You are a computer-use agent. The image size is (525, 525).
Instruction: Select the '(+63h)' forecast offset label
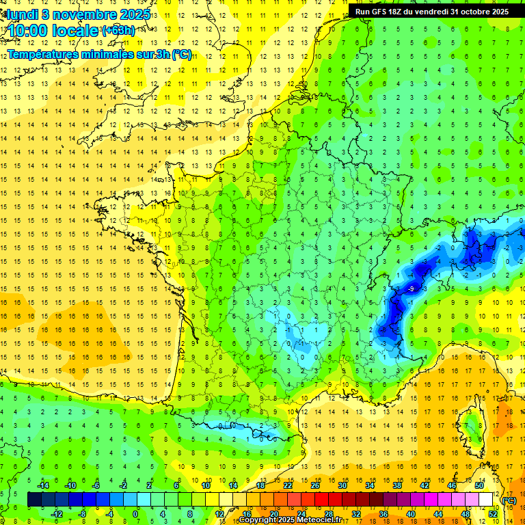tap(118, 30)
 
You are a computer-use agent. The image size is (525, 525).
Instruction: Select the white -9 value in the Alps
tap(411, 289)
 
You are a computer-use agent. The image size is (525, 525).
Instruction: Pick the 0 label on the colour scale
tap(135, 513)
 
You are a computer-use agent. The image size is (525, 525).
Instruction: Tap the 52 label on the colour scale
tap(493, 513)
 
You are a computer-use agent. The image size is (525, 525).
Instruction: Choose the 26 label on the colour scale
tap(314, 485)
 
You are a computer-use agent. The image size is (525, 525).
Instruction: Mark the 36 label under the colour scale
tap(383, 513)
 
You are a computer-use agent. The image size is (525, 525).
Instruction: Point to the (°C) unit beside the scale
tap(509, 500)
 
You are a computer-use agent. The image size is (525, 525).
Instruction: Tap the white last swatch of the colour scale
tap(485, 500)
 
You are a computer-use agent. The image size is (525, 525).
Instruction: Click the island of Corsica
tap(471, 424)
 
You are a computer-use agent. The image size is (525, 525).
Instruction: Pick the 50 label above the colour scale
tap(479, 485)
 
